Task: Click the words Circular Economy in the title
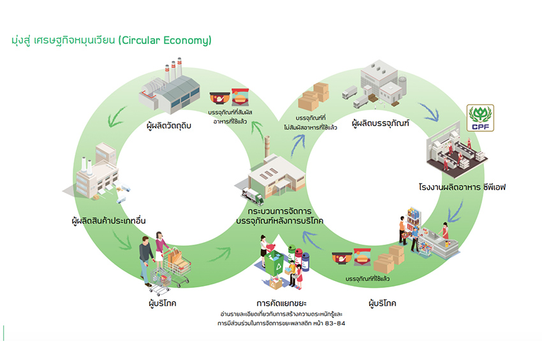tap(172, 40)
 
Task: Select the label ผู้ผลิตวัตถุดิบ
tap(169, 125)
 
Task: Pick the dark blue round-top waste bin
tap(305, 261)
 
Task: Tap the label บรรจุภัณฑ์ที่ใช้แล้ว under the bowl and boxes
tap(367, 280)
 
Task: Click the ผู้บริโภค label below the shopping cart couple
tap(161, 303)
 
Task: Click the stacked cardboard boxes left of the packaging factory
tap(314, 96)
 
